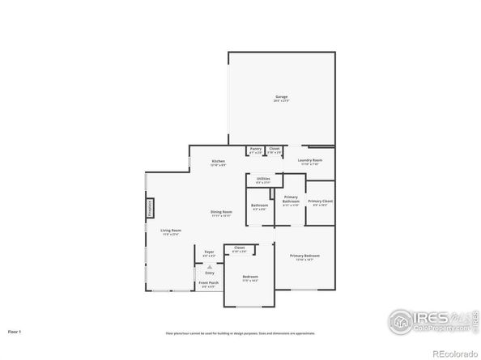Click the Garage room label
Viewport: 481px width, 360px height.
281,98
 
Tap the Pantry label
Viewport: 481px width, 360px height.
255,149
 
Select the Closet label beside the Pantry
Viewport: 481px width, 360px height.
275,149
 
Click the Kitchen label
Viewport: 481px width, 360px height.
219,162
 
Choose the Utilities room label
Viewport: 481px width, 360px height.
263,179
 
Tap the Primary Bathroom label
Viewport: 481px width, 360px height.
291,201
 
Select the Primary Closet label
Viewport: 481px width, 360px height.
320,201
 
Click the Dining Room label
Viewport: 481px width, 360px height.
221,214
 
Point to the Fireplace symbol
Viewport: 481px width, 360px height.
150,208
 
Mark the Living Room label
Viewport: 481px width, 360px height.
170,231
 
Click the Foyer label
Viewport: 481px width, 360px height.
209,252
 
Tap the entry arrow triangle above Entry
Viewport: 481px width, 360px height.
209,265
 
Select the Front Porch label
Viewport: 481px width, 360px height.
209,283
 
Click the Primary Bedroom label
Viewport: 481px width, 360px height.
305,256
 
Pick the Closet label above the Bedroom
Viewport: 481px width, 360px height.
240,248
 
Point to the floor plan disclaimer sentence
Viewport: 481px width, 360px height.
240,332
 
